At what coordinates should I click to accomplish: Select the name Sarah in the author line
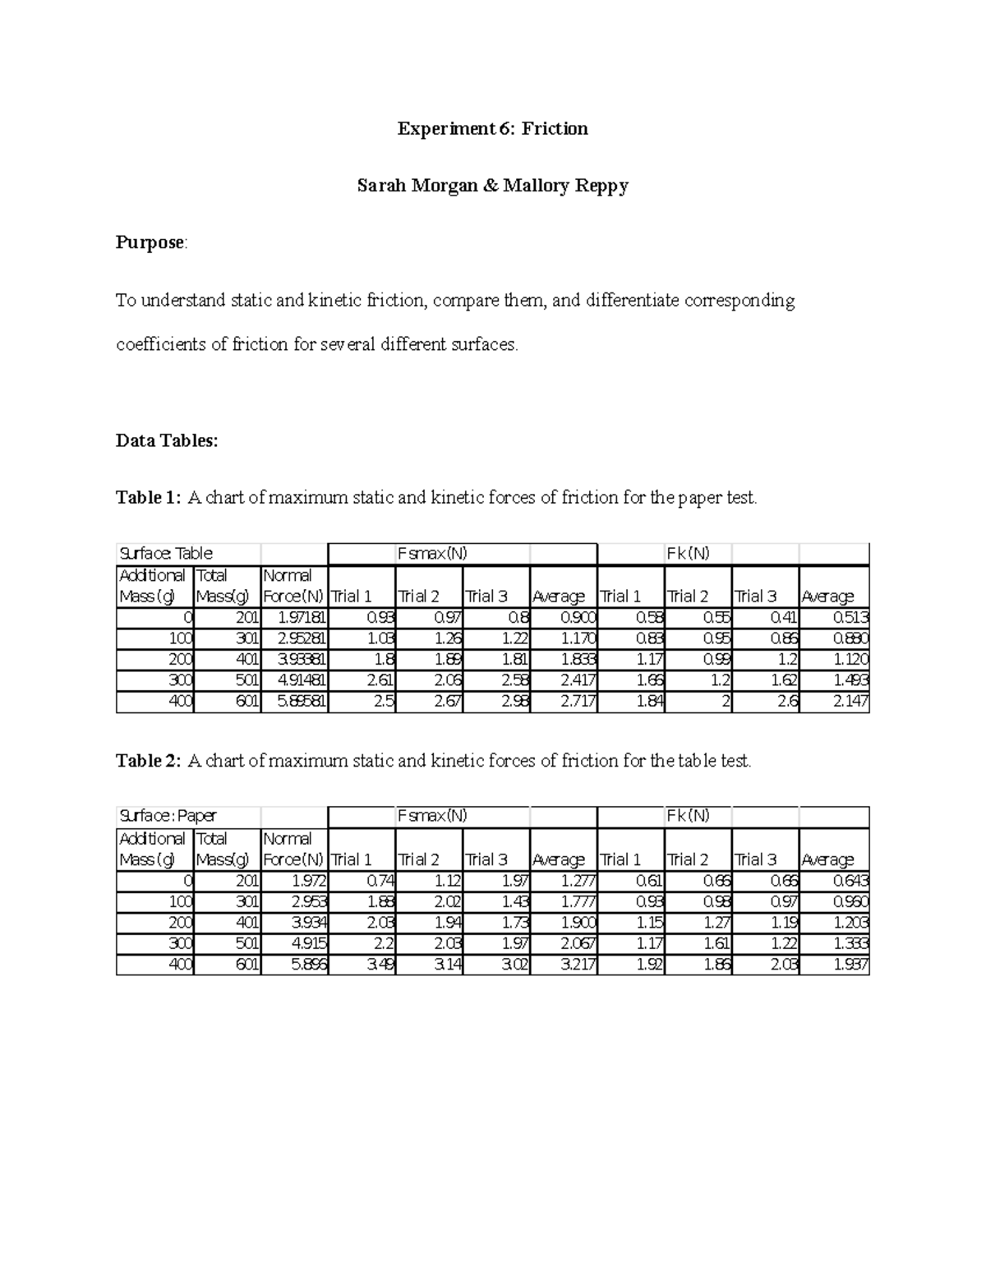(381, 186)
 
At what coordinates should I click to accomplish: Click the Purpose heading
(150, 243)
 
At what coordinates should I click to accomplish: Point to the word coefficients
(160, 344)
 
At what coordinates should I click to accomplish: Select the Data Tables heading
(167, 440)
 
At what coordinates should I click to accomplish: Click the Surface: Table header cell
(166, 554)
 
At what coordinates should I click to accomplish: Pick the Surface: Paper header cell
(168, 816)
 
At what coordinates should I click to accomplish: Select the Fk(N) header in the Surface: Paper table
(688, 816)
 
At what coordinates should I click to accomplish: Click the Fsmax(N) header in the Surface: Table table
(432, 554)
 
